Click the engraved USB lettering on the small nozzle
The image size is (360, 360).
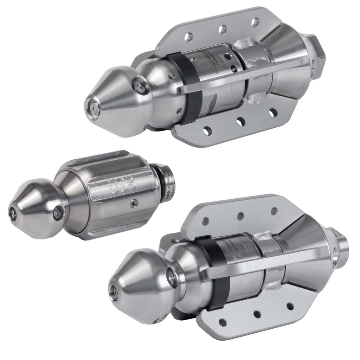point(123,187)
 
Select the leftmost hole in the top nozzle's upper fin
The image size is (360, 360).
point(189,37)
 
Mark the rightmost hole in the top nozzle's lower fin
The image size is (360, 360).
point(273,113)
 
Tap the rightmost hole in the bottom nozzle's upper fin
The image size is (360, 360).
point(274,211)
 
